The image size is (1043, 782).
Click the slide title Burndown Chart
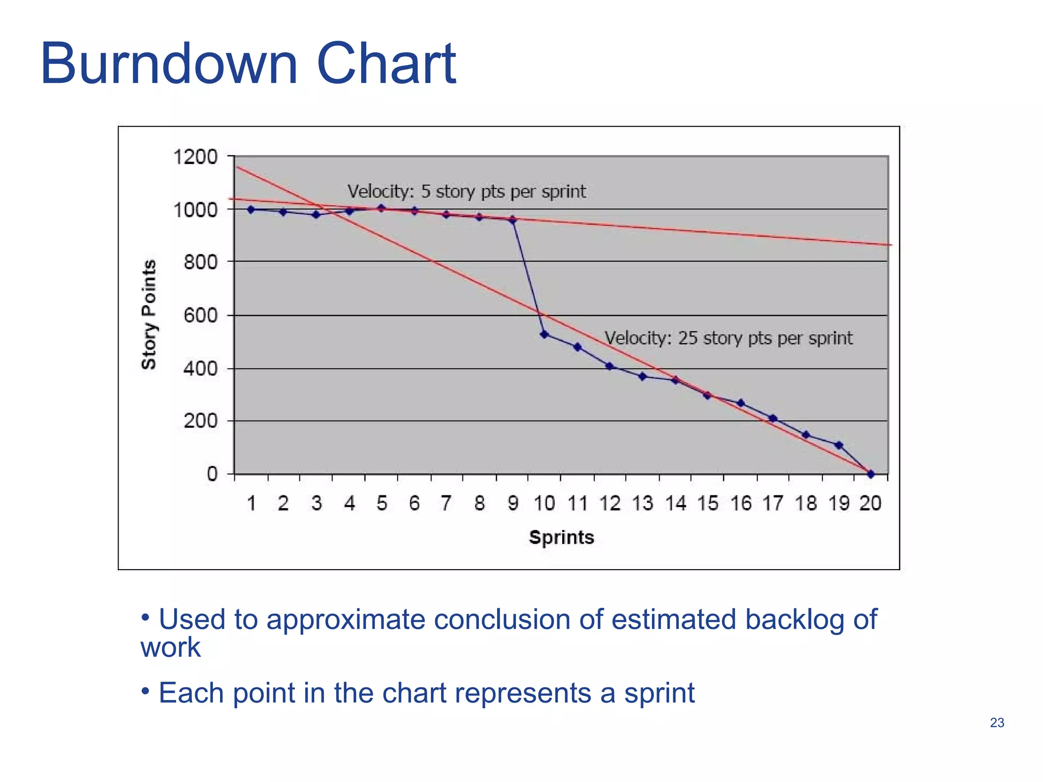point(248,65)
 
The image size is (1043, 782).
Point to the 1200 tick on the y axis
point(196,157)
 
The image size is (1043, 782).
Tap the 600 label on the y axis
point(200,316)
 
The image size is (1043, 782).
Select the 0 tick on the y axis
point(212,474)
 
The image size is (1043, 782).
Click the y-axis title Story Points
point(149,315)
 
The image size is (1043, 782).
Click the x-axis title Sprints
point(561,538)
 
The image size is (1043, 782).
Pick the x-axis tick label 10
point(544,504)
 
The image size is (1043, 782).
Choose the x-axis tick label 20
point(870,504)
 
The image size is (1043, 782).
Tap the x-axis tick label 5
point(381,504)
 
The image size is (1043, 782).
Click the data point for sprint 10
point(544,334)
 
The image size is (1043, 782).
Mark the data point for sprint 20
point(871,474)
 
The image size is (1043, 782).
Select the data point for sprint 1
point(251,210)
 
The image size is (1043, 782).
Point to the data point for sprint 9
point(512,220)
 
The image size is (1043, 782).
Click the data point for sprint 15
point(707,395)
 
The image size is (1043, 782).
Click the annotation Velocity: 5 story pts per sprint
point(466,192)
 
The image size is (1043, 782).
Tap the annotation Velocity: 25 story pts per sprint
point(728,339)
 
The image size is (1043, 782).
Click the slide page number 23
point(997,722)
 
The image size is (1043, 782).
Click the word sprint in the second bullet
point(660,693)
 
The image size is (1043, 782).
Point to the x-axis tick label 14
point(675,504)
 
